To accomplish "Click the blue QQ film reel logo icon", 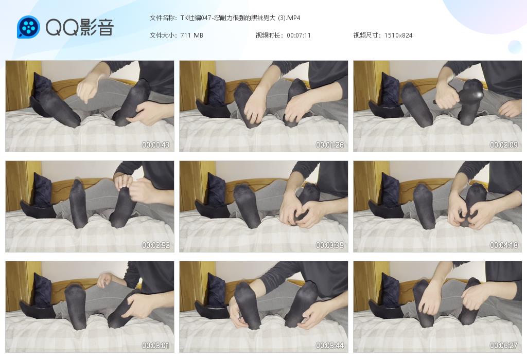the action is (x=28, y=27).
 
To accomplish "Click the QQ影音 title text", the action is (x=80, y=27).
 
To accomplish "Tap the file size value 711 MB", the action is (x=191, y=35).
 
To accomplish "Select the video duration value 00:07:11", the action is (x=299, y=35).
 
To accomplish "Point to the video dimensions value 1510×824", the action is (x=398, y=35).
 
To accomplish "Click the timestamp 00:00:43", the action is (x=155, y=145).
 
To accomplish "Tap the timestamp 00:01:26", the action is (x=330, y=145).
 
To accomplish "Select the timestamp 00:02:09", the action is (x=504, y=145).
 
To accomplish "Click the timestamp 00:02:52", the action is (x=155, y=245).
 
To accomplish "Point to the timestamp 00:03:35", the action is (x=330, y=245).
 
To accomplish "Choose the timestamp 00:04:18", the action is (x=504, y=245).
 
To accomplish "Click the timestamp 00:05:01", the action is (x=155, y=345).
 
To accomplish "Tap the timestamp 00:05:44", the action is (x=330, y=345).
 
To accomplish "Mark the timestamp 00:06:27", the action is (x=504, y=345).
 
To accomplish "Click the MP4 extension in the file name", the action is (x=294, y=18).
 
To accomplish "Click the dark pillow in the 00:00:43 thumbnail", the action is (x=42, y=88).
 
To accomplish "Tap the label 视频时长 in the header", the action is (x=268, y=35).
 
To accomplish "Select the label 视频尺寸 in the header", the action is (x=366, y=35).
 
